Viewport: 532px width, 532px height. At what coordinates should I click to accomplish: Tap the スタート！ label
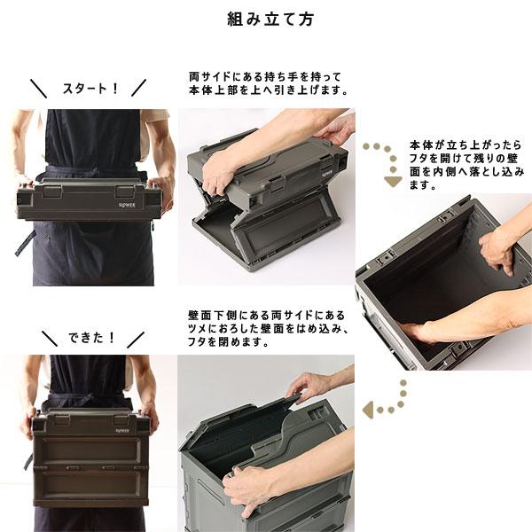(x=90, y=88)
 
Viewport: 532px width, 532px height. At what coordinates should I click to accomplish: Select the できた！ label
(x=91, y=338)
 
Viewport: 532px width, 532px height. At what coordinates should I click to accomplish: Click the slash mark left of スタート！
(x=38, y=88)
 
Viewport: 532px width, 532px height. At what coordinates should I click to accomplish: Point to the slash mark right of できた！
(x=136, y=339)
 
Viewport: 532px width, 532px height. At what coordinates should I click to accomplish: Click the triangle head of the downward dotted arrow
(x=392, y=182)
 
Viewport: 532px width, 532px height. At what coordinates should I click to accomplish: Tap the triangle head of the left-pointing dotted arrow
(x=369, y=411)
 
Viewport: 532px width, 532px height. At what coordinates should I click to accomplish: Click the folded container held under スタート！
(x=89, y=199)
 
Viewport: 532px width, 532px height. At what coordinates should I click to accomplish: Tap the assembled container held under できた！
(x=90, y=457)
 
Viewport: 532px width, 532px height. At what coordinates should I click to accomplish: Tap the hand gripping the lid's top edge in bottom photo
(x=309, y=385)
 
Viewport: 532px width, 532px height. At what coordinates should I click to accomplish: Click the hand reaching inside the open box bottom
(x=418, y=332)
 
